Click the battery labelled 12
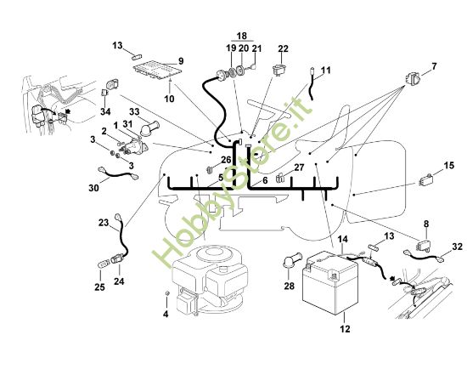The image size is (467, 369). coord(329,282)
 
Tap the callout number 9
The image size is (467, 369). coord(181,61)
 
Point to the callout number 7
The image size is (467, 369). coord(434,66)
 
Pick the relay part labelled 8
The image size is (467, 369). coord(425,244)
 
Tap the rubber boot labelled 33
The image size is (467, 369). coord(149,129)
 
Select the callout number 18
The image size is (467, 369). coord(242,36)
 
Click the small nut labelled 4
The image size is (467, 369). coord(167,293)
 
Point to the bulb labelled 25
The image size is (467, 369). coord(103,264)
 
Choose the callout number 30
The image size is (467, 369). coord(93,188)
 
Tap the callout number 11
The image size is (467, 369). coord(325,71)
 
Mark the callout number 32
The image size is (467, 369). coord(457,247)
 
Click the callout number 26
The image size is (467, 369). coord(226,160)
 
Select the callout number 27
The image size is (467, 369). coord(299,167)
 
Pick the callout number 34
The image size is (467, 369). coord(105,112)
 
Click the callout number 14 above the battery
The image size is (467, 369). coord(343,239)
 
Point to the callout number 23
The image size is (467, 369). coord(104,223)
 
